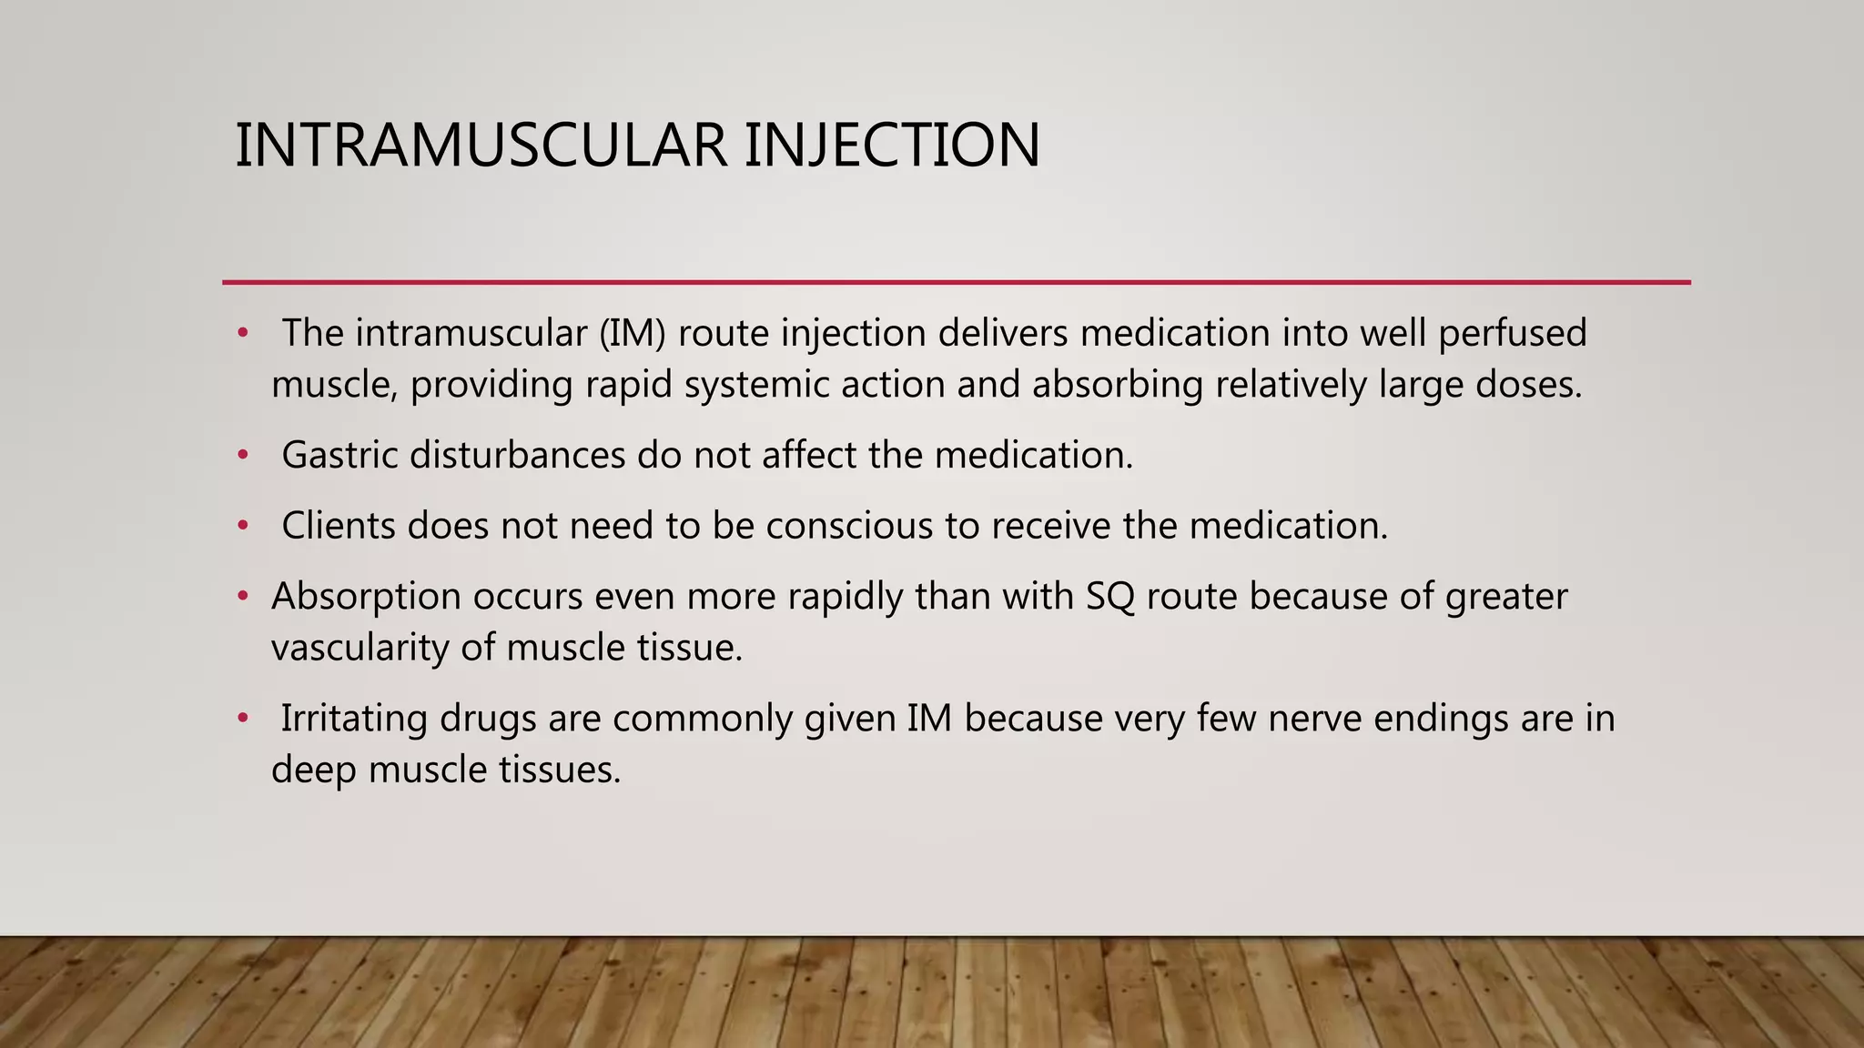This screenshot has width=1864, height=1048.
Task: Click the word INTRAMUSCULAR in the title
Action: (x=481, y=146)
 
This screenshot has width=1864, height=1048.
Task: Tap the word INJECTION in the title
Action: (x=892, y=146)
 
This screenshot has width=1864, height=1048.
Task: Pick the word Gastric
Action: (x=339, y=455)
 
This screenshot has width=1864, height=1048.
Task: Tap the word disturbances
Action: (x=517, y=455)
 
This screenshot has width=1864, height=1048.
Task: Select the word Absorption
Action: (x=366, y=597)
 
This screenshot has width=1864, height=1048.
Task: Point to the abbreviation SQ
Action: (x=1110, y=597)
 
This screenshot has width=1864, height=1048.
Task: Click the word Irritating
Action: (x=355, y=719)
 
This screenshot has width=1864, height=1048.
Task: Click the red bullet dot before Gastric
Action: (x=242, y=455)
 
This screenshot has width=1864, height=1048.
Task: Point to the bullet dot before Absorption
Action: (x=242, y=597)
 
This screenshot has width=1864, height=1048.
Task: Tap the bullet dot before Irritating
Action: (x=242, y=719)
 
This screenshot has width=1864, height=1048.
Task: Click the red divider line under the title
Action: (x=956, y=282)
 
